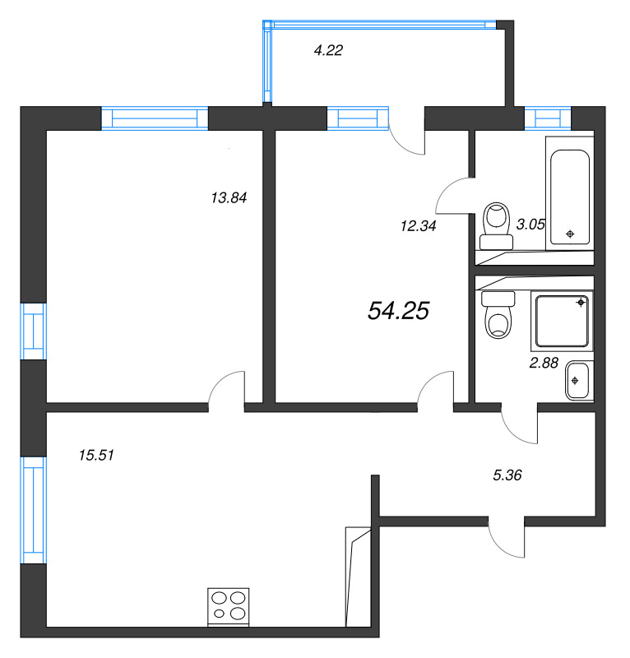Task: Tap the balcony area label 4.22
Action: (x=328, y=50)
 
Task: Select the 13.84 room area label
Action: (x=229, y=197)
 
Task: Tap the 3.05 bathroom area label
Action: (x=530, y=223)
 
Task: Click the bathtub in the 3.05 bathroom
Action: (x=570, y=197)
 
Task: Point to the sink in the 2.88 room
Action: (x=578, y=381)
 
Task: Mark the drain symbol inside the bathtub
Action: (x=571, y=234)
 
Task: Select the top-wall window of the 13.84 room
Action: (x=155, y=119)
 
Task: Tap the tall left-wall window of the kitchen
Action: (x=33, y=510)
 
